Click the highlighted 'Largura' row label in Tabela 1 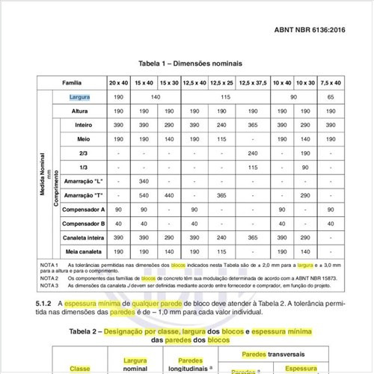(80, 97)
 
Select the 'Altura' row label (80, 111)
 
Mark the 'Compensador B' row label (83, 223)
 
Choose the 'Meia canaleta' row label (83, 251)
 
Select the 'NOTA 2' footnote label (49, 278)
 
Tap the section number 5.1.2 (43, 304)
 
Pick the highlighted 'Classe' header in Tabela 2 (80, 368)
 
